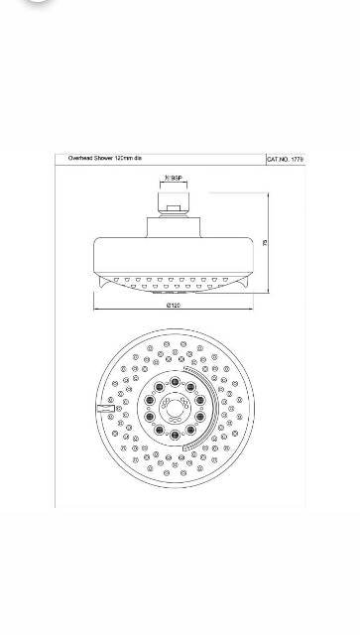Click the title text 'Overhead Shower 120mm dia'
(103, 157)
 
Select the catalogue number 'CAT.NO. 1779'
(286, 158)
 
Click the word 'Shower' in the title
(103, 157)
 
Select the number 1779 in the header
(297, 158)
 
